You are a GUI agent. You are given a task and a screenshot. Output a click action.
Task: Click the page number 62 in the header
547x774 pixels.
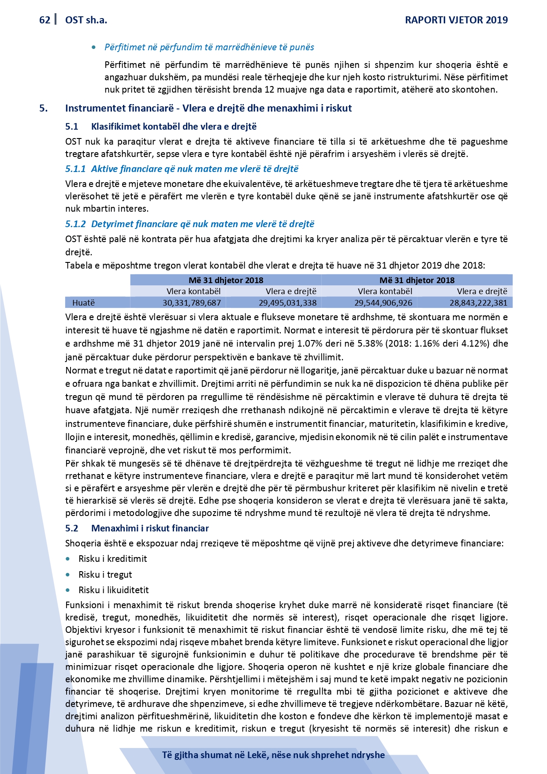pos(45,20)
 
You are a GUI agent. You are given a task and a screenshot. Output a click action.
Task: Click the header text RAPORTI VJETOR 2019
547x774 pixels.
pos(456,20)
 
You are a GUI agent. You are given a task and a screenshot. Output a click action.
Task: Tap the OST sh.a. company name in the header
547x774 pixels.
pos(86,20)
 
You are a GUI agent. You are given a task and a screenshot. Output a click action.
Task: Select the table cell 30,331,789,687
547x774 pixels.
pos(191,303)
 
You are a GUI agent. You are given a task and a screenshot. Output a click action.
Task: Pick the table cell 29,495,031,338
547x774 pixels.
pos(287,303)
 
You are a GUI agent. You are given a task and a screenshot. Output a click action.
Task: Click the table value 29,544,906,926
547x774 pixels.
pos(383,303)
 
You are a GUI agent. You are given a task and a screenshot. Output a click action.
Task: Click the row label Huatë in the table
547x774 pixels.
pos(83,303)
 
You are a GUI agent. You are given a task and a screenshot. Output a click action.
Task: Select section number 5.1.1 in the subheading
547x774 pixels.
pos(75,169)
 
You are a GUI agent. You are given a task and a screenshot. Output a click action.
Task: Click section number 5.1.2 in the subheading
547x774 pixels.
pos(75,224)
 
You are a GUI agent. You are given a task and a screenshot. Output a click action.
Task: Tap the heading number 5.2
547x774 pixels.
pos(72,528)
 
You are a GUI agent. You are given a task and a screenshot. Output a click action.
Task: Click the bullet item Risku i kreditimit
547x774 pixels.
pos(112,559)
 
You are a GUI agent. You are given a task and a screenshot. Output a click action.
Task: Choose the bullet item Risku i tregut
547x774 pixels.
pos(105,575)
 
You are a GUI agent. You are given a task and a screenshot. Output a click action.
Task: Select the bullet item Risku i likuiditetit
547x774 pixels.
pos(113,590)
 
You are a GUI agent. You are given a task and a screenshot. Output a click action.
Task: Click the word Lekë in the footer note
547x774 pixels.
pos(258,755)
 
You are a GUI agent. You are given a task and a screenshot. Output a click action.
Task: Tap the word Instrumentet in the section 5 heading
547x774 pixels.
pos(91,108)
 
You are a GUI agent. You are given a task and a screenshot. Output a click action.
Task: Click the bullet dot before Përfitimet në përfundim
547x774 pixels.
pos(94,48)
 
